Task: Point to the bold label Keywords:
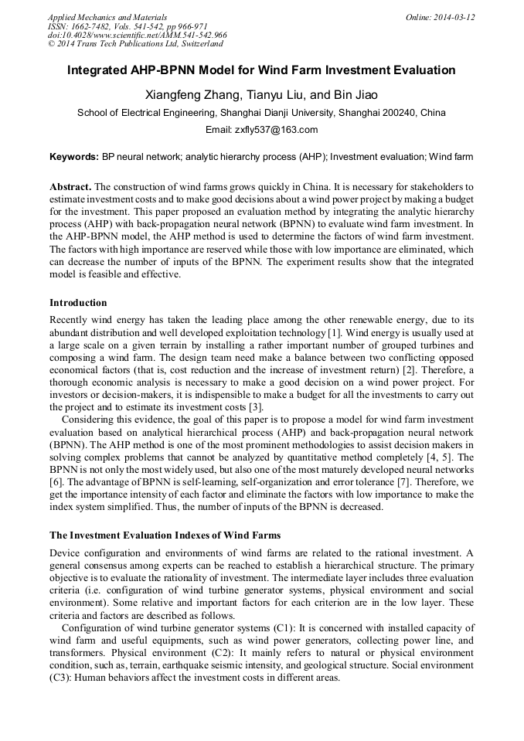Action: (74, 156)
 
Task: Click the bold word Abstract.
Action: (70, 188)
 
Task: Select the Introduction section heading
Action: (78, 302)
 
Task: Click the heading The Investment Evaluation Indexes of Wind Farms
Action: (165, 535)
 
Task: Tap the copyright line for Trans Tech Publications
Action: (135, 44)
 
